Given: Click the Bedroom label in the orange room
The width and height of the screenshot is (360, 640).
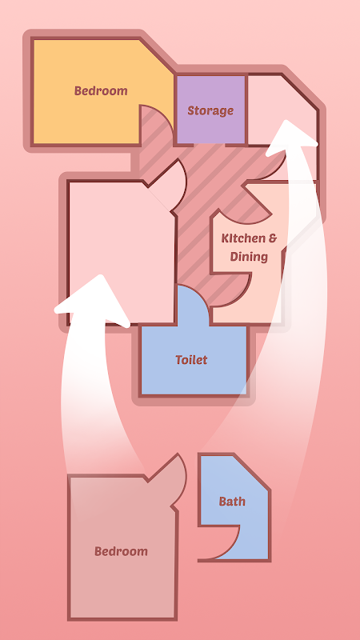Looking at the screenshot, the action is pos(101,90).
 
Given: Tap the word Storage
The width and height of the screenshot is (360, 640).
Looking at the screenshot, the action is pos(210,110).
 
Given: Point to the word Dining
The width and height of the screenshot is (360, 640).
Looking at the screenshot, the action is pos(249,257).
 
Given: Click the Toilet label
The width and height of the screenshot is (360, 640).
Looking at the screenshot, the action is pos(191,360).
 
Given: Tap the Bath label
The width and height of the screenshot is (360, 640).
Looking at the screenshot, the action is pos(232,502).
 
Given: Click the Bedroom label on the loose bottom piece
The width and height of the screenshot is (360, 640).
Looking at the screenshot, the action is pos(122,551).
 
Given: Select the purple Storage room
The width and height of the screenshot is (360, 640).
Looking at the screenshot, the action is pos(210,110).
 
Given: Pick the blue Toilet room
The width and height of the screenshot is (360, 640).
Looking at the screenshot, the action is pos(194,359).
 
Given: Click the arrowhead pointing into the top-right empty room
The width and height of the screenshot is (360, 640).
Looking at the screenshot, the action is pos(290,137).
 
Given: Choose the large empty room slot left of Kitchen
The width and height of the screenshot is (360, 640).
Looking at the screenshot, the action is pos(122,253).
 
